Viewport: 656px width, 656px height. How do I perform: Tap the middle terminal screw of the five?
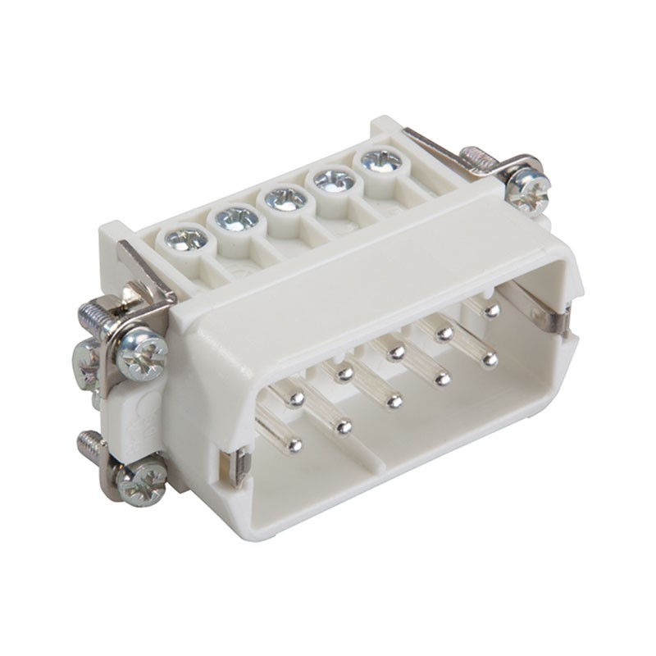[x=285, y=198]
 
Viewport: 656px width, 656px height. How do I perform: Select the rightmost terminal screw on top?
[x=381, y=159]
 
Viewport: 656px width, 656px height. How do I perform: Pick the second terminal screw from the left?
[x=237, y=218]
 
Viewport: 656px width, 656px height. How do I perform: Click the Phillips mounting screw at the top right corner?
[x=527, y=191]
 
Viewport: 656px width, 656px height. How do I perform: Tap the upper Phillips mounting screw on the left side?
[x=142, y=353]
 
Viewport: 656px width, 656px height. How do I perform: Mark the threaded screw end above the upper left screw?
[x=92, y=312]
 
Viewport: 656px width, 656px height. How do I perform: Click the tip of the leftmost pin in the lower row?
[x=295, y=445]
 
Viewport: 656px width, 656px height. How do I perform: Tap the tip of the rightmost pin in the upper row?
[x=491, y=311]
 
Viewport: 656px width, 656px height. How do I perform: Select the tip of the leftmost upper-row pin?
[x=296, y=399]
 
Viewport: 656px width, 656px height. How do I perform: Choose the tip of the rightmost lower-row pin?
[x=490, y=358]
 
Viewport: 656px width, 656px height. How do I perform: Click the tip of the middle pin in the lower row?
[x=394, y=401]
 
